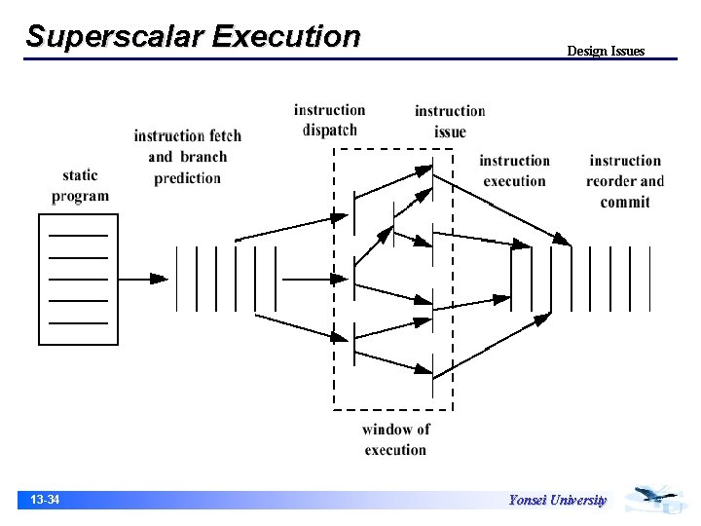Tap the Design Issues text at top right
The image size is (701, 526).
[x=606, y=51]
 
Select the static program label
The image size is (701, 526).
[x=80, y=185]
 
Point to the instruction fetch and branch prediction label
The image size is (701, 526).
[x=187, y=156]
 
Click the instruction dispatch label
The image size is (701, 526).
[x=329, y=120]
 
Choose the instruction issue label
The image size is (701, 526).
[x=450, y=121]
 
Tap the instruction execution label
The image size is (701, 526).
[x=514, y=170]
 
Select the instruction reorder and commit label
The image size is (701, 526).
[x=625, y=181]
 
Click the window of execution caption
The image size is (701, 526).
[x=395, y=439]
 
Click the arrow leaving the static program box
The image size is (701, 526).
[x=142, y=279]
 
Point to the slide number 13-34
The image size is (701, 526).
[x=45, y=501]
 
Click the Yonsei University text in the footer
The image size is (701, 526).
[x=557, y=501]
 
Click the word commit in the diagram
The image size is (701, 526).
[x=625, y=203]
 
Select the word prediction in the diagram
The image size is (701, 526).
[x=187, y=178]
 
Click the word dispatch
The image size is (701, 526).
[x=329, y=131]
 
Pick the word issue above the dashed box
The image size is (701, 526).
[x=450, y=132]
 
